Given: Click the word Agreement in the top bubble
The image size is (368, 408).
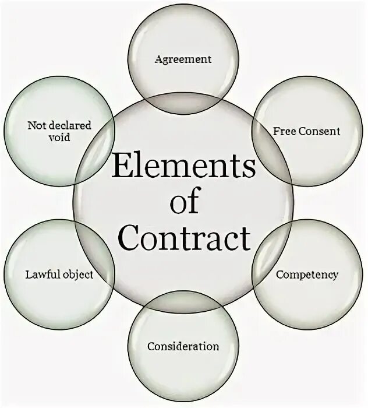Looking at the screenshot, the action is click(183, 59).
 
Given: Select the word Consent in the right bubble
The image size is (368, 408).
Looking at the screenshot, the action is click(319, 131).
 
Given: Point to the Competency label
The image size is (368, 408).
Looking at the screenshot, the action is click(306, 274).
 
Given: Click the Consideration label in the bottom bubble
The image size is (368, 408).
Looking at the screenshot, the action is click(183, 346).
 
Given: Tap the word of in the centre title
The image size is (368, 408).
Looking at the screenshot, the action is click(184, 205).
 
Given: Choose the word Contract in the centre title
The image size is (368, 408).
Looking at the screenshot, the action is click(184, 240).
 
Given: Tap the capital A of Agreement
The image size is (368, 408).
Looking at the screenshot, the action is click(157, 59).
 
